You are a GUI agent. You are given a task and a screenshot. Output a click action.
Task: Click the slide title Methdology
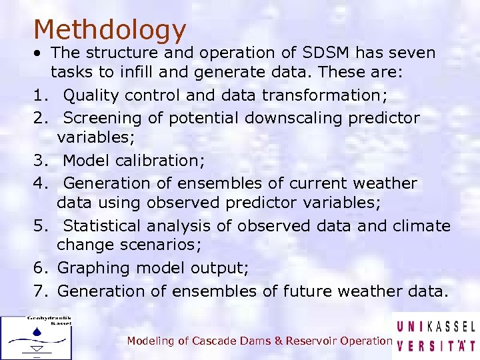click(109, 29)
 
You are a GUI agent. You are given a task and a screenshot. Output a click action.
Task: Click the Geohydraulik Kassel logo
click(36, 337)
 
